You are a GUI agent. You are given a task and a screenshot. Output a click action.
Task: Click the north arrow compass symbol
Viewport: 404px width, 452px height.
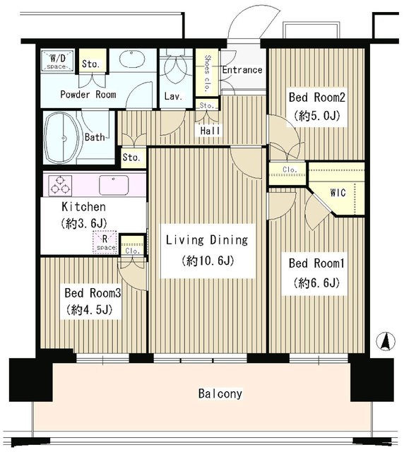[386, 341]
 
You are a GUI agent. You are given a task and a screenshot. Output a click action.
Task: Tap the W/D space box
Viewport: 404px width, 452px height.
[57, 61]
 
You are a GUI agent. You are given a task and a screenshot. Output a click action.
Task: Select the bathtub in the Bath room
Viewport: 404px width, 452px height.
[61, 138]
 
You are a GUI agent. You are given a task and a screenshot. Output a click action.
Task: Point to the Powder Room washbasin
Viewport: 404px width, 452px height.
[131, 59]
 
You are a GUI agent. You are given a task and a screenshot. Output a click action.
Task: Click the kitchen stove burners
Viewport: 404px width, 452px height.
[60, 185]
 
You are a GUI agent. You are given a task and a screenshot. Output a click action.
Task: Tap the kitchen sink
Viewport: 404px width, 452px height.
[114, 185]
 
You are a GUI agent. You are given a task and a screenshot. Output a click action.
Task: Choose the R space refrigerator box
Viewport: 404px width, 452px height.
[105, 242]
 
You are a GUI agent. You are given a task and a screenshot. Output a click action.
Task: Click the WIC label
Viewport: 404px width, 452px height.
[338, 192]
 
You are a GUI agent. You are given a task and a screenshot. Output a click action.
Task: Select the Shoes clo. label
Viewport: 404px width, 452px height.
[207, 73]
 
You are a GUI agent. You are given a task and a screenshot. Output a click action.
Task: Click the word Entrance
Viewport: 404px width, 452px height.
[242, 70]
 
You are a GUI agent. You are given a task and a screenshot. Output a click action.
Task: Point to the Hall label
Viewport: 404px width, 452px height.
[210, 131]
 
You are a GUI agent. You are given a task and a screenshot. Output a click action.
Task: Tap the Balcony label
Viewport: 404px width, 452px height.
[220, 394]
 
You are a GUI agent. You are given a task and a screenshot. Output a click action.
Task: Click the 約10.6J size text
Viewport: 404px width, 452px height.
[208, 261]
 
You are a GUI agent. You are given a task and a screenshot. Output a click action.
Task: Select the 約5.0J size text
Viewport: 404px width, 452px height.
[317, 116]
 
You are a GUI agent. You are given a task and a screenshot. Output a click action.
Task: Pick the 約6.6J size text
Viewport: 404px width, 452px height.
[316, 282]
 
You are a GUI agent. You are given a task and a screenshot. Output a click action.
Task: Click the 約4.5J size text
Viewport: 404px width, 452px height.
[89, 310]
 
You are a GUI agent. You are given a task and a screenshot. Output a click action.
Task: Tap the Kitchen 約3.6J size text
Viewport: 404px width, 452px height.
[84, 223]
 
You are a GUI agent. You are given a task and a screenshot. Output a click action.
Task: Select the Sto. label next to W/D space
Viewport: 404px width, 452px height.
[91, 64]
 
